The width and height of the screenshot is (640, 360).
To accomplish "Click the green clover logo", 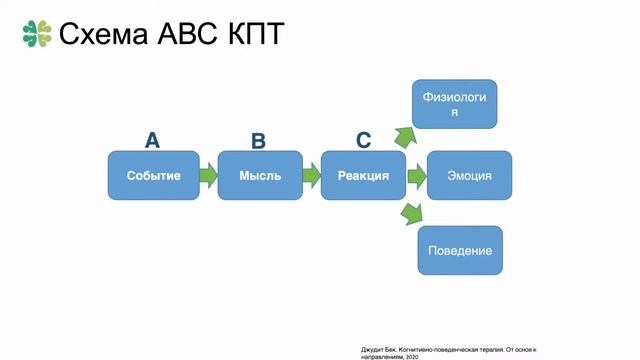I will point(36,33).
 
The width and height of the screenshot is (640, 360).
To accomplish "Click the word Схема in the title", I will point(103,34).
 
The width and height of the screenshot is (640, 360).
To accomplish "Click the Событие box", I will point(154,176).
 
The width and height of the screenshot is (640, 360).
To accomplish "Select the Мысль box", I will point(260,176).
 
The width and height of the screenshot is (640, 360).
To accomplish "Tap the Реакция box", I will point(363,176).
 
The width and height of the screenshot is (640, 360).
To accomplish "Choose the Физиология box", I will point(455,104).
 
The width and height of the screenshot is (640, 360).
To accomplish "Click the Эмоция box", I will point(469,176).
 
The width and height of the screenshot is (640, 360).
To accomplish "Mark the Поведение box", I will point(459,249).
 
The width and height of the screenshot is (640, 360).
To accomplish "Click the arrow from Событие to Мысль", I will point(207,176).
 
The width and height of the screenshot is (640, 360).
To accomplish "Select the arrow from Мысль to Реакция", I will point(311,176).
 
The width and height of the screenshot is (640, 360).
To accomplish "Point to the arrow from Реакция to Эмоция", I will point(416,176).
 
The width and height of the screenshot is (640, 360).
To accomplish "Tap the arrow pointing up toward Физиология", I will point(405,137).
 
